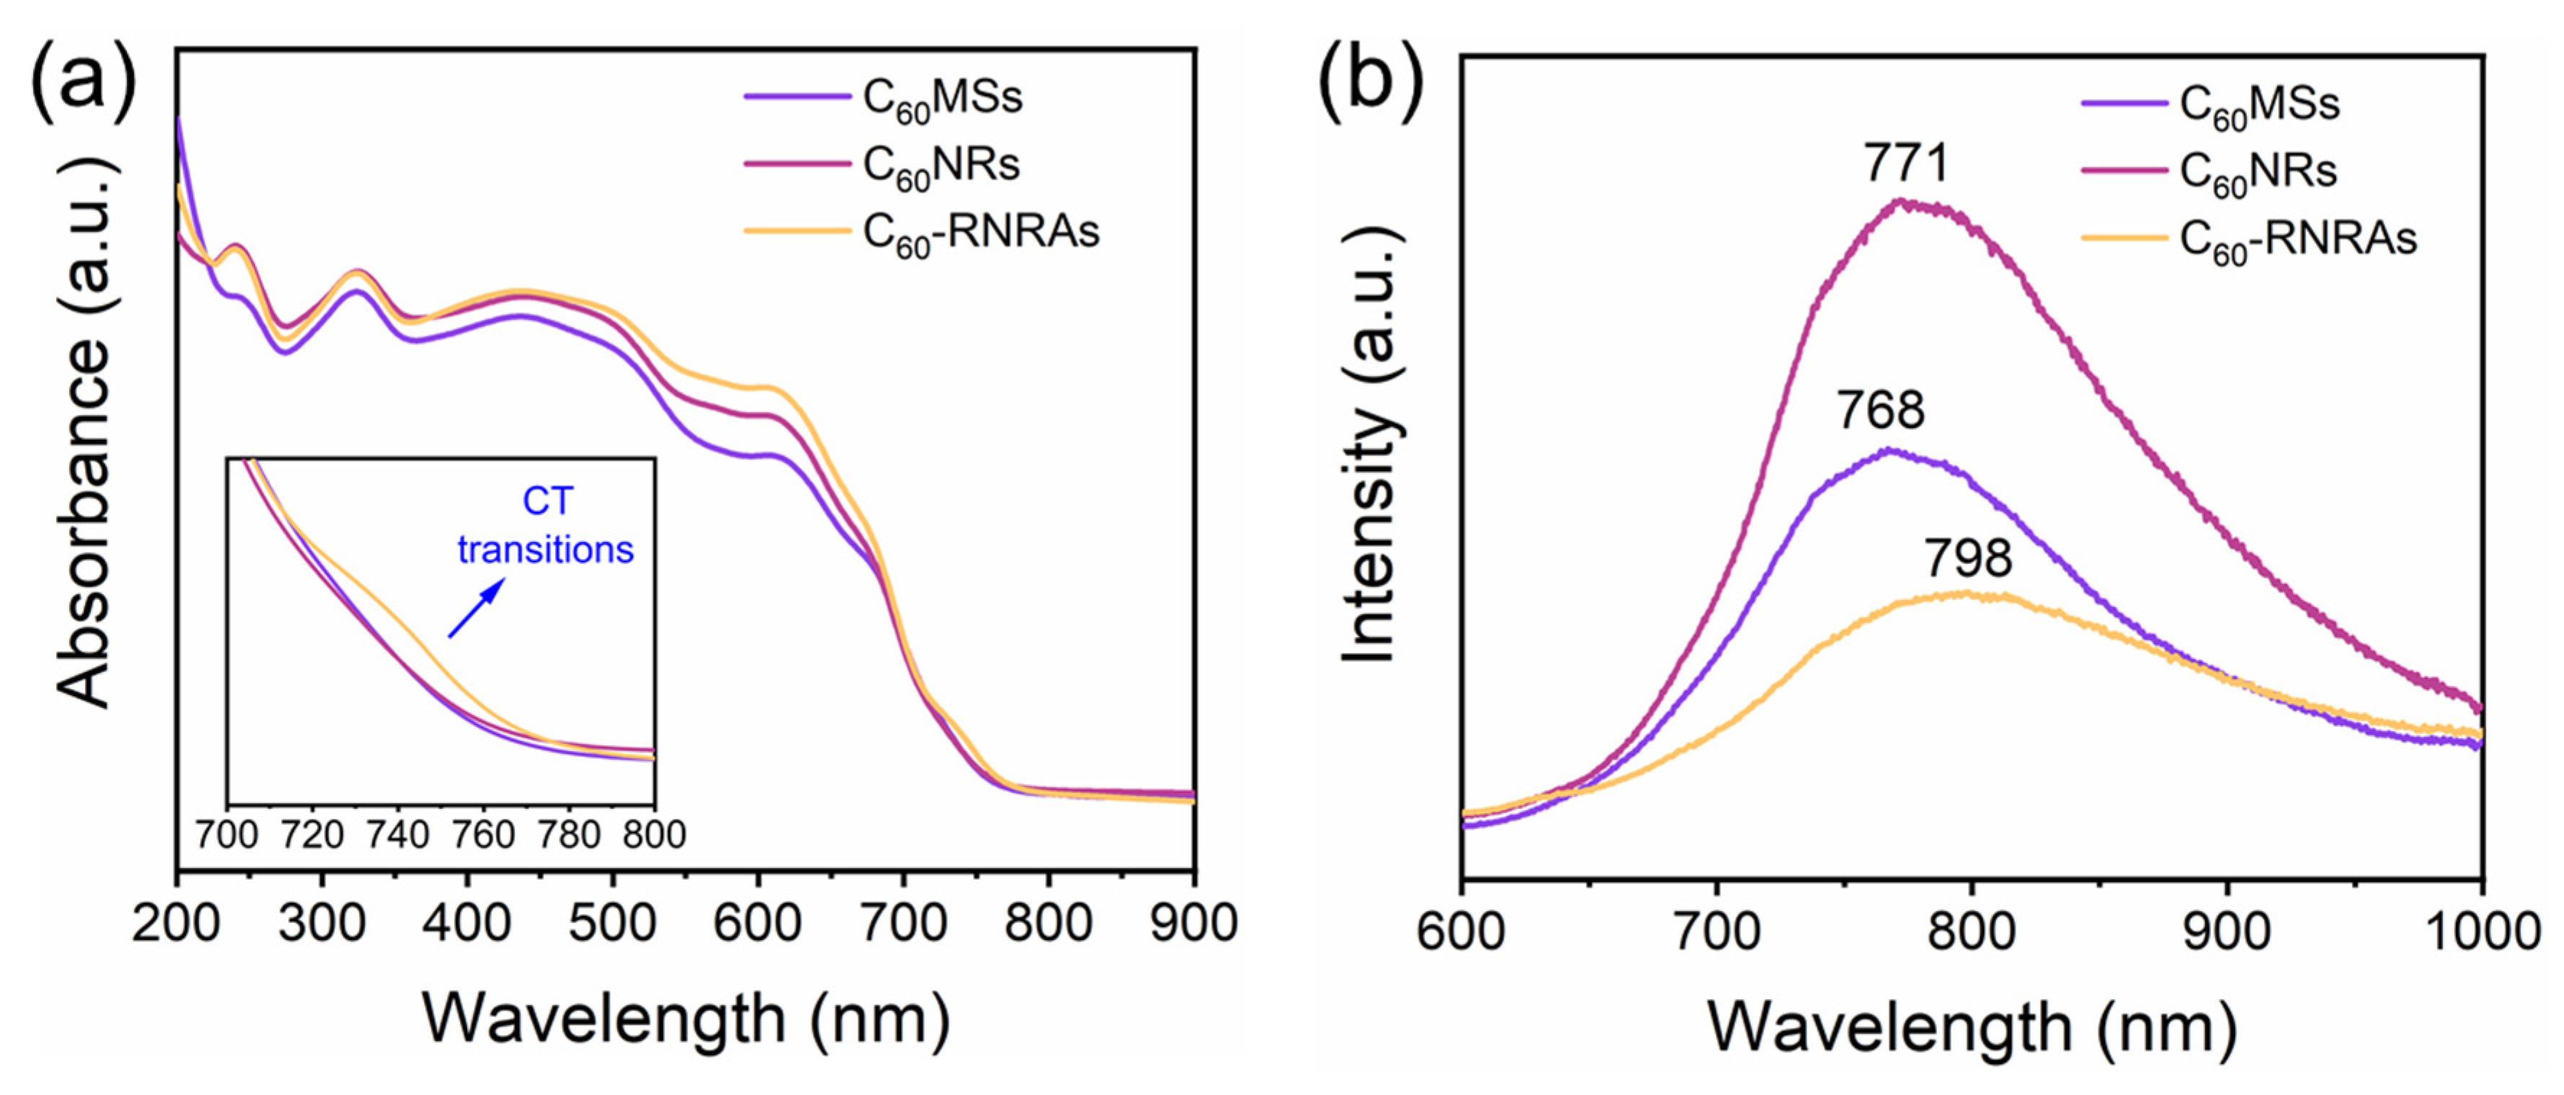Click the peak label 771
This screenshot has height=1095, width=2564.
(1906, 163)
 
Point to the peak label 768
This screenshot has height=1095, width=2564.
(1880, 409)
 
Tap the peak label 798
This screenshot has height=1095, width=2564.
(1968, 557)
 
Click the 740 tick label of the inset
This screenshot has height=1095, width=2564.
(397, 834)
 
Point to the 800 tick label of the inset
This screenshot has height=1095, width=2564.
(654, 834)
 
